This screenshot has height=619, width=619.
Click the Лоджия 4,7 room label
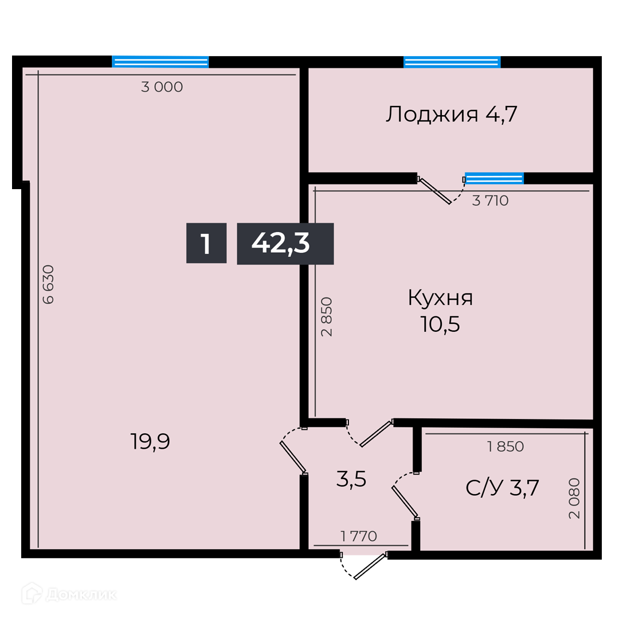451,115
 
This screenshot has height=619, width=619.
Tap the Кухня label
440,298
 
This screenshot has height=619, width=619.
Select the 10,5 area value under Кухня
440,324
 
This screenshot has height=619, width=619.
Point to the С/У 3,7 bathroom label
502,488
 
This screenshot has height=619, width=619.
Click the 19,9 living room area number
150,441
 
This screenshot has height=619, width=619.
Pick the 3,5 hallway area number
351,479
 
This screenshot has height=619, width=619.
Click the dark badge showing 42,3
285,244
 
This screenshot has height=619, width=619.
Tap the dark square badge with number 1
206,243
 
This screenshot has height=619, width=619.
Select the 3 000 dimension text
162,87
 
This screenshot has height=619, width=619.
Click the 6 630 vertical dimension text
48,284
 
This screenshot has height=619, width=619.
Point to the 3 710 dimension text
490,201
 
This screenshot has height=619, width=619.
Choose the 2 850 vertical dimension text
327,316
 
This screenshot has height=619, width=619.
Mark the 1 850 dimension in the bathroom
506,446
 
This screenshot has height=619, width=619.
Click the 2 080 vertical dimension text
574,498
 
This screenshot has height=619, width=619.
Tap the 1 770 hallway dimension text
358,536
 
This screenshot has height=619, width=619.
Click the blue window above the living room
160,62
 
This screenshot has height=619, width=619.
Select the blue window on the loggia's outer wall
452,62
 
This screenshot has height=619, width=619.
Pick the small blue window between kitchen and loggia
494,178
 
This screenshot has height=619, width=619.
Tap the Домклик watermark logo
69,594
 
